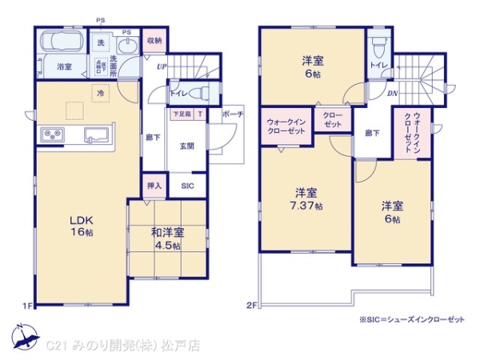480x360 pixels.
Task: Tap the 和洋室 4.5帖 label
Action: click(x=168, y=239)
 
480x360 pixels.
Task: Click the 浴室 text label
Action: click(x=64, y=68)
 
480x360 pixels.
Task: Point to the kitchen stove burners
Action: click(x=50, y=134)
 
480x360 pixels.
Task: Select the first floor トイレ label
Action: click(x=178, y=93)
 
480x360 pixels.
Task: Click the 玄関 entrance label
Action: click(x=186, y=146)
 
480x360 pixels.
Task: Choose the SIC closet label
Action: click(x=186, y=186)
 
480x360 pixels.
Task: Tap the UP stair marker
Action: click(x=161, y=66)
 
